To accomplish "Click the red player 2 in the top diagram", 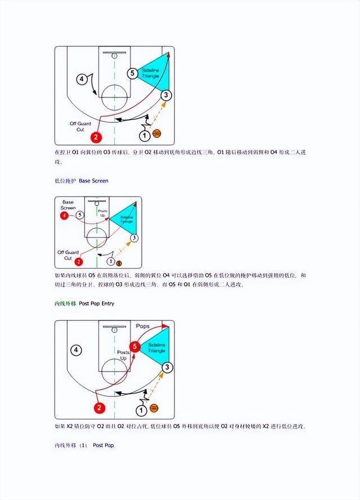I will tap(96, 137).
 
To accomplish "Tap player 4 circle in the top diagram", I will tap(82, 79).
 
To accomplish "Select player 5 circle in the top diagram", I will tap(132, 73).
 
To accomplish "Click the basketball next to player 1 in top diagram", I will tap(156, 134).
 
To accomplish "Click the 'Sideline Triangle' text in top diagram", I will tap(152, 73).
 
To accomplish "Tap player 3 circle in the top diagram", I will tap(165, 96).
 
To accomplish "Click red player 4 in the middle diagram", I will tap(66, 215).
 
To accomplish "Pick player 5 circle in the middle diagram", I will tap(80, 215).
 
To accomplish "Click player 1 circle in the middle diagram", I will tap(111, 262).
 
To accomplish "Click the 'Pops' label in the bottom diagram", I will tap(143, 326).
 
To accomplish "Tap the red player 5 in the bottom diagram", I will tap(134, 346).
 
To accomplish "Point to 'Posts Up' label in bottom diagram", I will tap(123, 355).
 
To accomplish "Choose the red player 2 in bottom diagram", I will tap(99, 408).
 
